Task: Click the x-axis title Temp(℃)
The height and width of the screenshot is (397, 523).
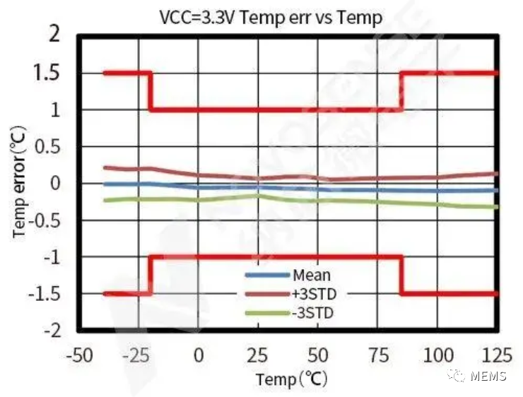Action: (292, 379)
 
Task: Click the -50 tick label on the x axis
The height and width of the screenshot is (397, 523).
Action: (79, 353)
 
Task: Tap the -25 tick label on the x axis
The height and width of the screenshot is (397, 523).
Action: (138, 353)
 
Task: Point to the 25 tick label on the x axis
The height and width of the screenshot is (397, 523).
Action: (258, 353)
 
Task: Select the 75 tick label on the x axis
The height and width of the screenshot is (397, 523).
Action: (378, 353)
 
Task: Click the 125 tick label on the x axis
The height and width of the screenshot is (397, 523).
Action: (498, 353)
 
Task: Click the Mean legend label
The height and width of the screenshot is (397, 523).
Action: (311, 275)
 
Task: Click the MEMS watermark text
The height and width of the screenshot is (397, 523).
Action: (489, 376)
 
